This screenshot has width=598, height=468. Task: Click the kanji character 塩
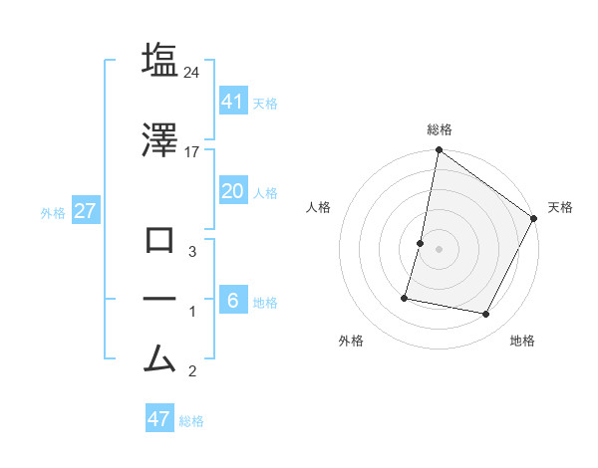[159, 61]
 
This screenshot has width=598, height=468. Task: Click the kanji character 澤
[159, 140]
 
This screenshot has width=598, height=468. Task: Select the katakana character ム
[159, 356]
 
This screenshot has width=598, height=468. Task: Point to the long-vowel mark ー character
[159, 299]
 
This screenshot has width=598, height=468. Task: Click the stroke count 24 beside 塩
[193, 72]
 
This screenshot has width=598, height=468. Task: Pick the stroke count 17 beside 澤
[192, 151]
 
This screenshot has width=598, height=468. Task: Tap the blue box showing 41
[232, 101]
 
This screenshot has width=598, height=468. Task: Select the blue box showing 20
[232, 191]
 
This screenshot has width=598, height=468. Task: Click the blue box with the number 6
[232, 300]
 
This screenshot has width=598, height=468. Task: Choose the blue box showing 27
[86, 211]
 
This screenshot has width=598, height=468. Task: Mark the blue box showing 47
[159, 418]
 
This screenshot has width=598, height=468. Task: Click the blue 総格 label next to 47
[191, 421]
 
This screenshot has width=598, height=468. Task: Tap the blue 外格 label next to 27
[53, 213]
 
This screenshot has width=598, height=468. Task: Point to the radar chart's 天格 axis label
[560, 207]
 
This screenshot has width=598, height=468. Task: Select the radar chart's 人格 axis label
[319, 207]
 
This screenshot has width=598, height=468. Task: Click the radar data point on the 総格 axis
[439, 150]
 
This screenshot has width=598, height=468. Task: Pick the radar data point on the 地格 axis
[486, 315]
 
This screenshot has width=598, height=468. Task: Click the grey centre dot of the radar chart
[439, 249]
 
